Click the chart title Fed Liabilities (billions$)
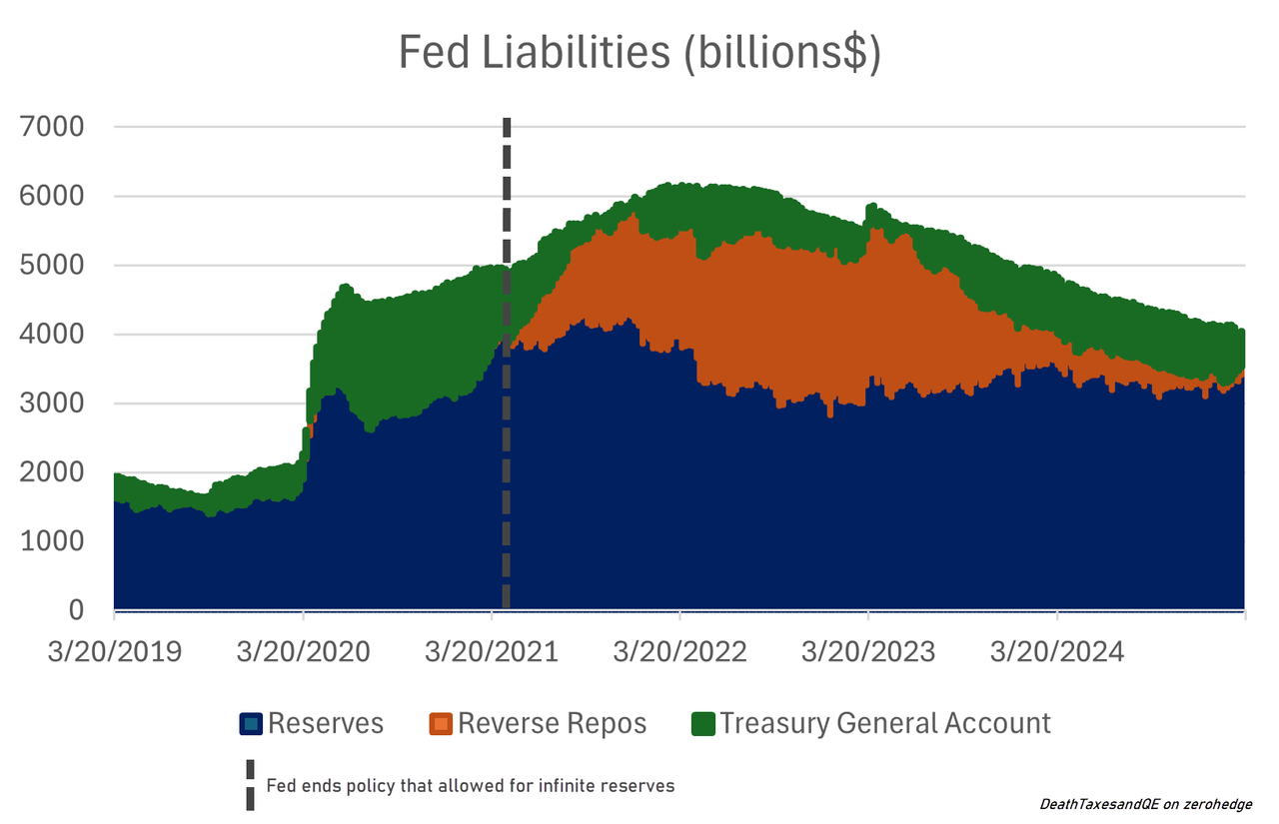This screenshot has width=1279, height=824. (639, 53)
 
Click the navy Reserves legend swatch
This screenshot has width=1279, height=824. (251, 724)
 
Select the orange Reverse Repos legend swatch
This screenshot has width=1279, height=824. (441, 724)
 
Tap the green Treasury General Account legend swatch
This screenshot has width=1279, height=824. (703, 724)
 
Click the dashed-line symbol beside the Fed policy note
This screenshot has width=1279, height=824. (250, 785)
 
